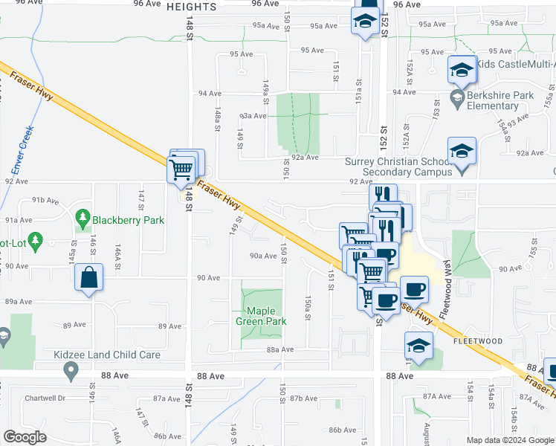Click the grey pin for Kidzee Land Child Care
coord(71,369)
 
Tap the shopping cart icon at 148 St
coord(181,169)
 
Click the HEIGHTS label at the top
coord(192,7)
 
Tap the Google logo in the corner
coord(25,437)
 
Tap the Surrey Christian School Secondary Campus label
coord(399,167)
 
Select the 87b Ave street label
coord(304,398)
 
